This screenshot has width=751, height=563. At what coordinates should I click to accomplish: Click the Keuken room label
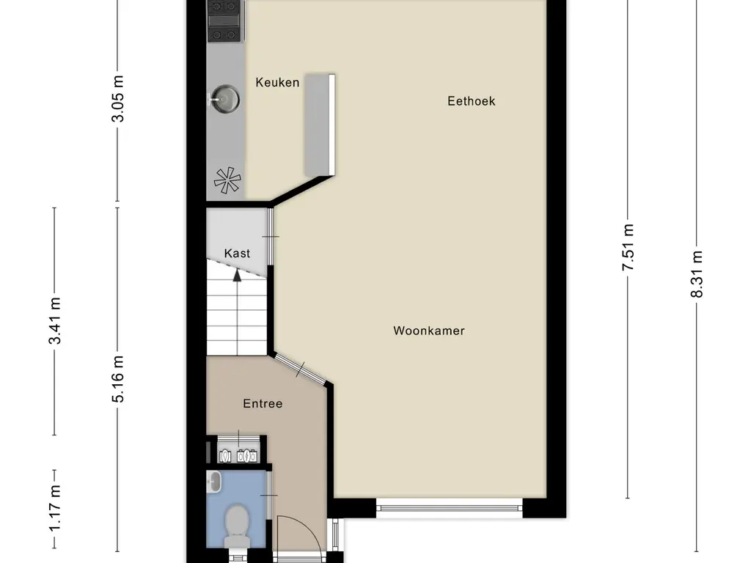(277, 83)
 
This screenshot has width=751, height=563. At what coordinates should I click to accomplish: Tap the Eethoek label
(471, 101)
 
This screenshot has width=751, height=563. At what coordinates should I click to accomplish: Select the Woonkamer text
(429, 331)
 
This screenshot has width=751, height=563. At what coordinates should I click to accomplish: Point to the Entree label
(263, 403)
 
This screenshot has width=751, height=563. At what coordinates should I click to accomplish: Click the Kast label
(237, 254)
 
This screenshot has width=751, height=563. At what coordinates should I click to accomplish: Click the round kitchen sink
(224, 97)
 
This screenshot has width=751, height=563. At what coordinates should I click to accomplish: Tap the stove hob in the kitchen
(224, 21)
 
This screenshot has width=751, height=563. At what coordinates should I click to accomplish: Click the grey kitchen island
(320, 124)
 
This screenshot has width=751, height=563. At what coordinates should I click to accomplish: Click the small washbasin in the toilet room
(213, 482)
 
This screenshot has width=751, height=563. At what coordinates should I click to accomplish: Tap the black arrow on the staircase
(237, 276)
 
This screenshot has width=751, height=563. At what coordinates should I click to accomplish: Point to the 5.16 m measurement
(120, 378)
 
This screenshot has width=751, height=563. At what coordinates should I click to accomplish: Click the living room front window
(449, 506)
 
